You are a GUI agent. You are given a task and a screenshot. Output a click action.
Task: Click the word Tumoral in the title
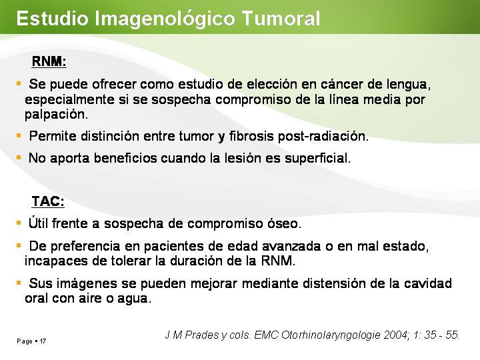281,18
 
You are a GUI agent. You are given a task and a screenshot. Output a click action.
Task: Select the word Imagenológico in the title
165,19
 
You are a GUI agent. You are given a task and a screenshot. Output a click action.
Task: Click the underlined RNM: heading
49,61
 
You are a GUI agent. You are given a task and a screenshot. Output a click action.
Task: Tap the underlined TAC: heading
48,201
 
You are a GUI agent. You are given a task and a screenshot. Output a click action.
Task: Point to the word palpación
56,115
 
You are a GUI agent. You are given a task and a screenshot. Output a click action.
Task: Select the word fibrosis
251,136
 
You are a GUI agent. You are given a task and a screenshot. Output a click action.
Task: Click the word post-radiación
323,137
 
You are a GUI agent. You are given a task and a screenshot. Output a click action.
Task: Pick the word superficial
317,159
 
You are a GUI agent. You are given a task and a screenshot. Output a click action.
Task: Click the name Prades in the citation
201,335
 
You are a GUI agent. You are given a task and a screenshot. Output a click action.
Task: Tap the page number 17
43,341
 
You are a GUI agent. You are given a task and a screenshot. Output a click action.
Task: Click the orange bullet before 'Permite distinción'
19,135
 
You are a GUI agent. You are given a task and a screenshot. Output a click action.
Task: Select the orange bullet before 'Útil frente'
19,223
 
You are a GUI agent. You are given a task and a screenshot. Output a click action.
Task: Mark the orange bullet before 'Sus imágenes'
19,283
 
